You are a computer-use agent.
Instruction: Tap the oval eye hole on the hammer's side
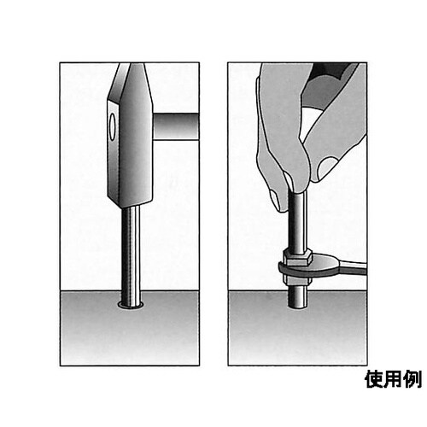coord(112,127)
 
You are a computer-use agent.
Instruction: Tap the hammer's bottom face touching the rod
coord(130,206)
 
